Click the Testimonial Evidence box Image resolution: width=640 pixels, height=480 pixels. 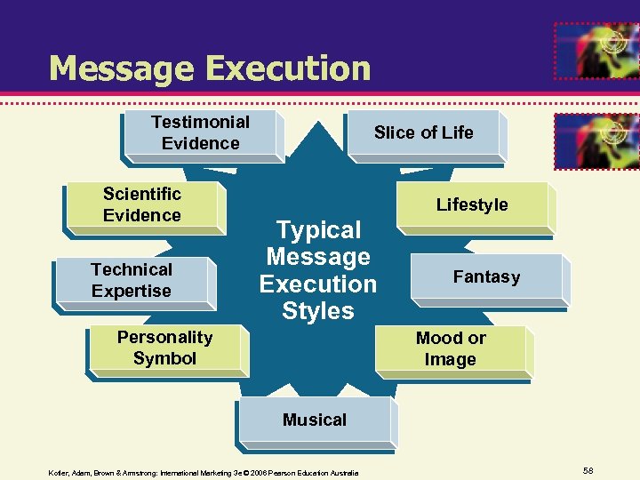click(x=201, y=133)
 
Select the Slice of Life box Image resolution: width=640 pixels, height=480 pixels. click(x=423, y=133)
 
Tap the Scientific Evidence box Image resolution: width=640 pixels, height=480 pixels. click(x=142, y=204)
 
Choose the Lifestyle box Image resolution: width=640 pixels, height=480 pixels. click(x=471, y=204)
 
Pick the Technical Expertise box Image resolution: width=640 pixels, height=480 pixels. click(x=132, y=280)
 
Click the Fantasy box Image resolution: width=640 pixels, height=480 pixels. click(x=486, y=277)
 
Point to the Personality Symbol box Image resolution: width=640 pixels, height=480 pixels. click(x=165, y=348)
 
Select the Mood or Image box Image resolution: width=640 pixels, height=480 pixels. click(x=451, y=348)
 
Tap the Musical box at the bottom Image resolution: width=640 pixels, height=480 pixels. click(x=315, y=420)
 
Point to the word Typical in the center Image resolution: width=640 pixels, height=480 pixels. click(x=318, y=230)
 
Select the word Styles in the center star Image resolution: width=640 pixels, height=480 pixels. click(x=318, y=311)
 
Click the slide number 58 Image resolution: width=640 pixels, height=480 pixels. click(x=588, y=469)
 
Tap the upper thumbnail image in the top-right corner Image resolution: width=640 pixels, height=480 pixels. click(x=596, y=50)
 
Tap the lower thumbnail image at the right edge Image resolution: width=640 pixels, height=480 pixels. click(x=596, y=140)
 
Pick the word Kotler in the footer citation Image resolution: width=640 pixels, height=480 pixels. click(x=59, y=473)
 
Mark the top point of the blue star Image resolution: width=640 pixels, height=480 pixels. click(x=318, y=122)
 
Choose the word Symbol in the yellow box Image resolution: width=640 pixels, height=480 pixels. click(x=165, y=358)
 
